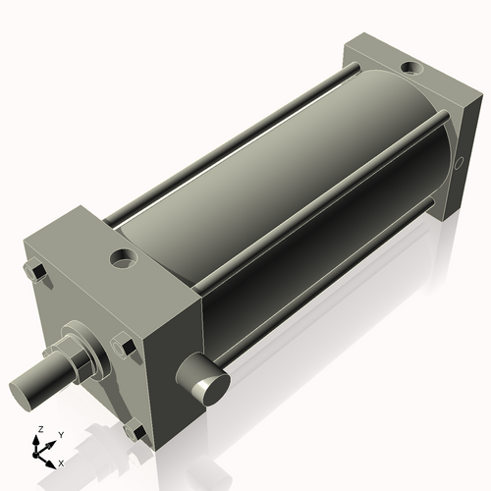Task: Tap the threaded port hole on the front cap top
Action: pyautogui.click(x=125, y=259)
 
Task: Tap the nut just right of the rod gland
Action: pyautogui.click(x=124, y=346)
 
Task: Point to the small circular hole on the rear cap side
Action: pyautogui.click(x=458, y=162)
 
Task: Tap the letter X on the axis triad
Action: pyautogui.click(x=61, y=461)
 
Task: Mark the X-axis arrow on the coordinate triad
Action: pyautogui.click(x=51, y=458)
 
